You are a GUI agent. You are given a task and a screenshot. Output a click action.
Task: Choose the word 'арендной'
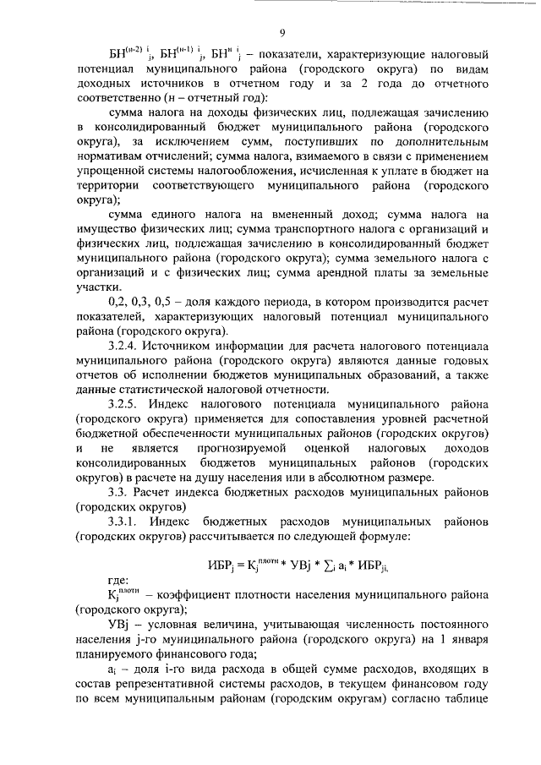coord(332,272)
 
